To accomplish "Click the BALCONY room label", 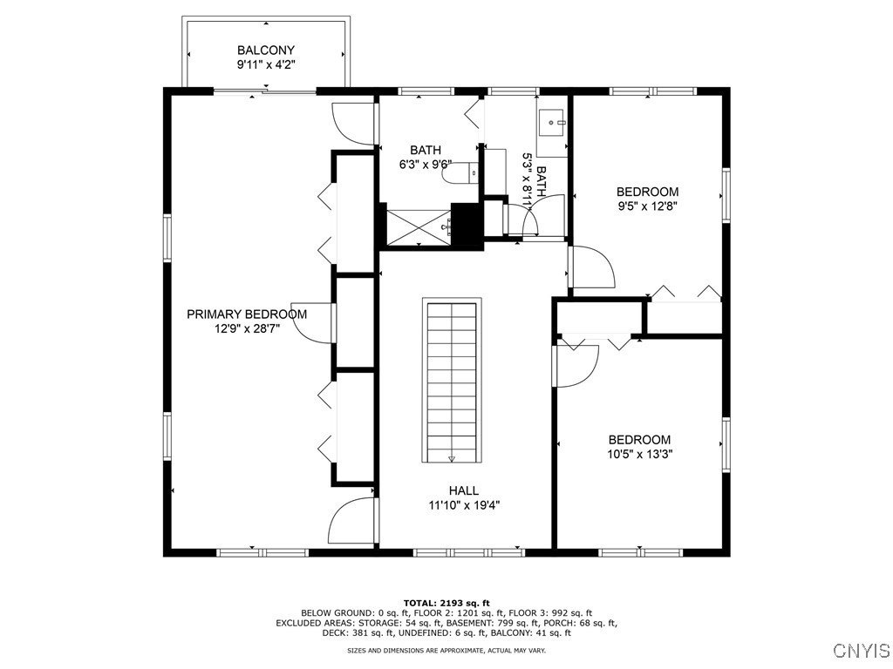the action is pyautogui.click(x=266, y=51).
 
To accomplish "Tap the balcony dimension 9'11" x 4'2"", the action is pyautogui.click(x=266, y=64).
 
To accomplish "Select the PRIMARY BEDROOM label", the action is pyautogui.click(x=247, y=314).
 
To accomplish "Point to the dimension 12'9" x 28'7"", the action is pyautogui.click(x=247, y=328).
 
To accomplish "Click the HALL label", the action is pyautogui.click(x=464, y=490).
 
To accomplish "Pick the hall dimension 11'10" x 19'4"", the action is pyautogui.click(x=464, y=504).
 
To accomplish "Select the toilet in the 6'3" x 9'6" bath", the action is pyautogui.click(x=460, y=173).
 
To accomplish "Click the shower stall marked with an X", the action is pyautogui.click(x=419, y=227).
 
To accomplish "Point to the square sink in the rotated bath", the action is pyautogui.click(x=551, y=122).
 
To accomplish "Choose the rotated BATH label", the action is pyautogui.click(x=541, y=181).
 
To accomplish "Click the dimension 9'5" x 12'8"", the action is pyautogui.click(x=648, y=206).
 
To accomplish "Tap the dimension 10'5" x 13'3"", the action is pyautogui.click(x=639, y=454).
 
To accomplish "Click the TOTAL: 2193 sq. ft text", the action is pyautogui.click(x=446, y=603).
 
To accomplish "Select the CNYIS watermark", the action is pyautogui.click(x=862, y=650).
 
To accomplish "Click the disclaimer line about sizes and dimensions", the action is pyautogui.click(x=446, y=650).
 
